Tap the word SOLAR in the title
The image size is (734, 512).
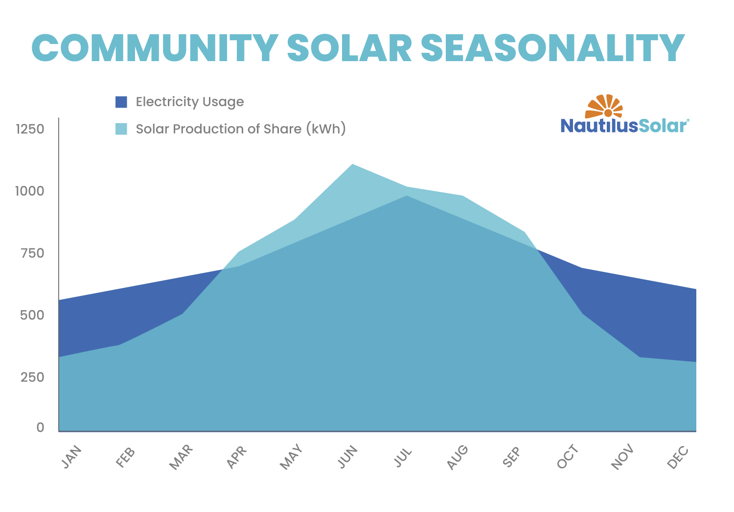pyautogui.click(x=349, y=48)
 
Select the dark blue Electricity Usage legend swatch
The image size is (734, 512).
pyautogui.click(x=121, y=102)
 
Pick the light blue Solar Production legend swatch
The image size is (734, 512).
pyautogui.click(x=121, y=129)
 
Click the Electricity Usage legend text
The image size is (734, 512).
pyautogui.click(x=190, y=102)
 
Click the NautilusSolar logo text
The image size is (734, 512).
pyautogui.click(x=624, y=126)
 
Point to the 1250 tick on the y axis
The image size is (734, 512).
pyautogui.click(x=30, y=129)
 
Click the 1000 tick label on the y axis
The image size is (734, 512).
pyautogui.click(x=30, y=191)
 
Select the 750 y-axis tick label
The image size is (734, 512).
pyautogui.click(x=33, y=253)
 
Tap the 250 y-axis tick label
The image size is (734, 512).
pyautogui.click(x=33, y=377)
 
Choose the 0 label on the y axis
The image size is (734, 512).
pyautogui.click(x=40, y=427)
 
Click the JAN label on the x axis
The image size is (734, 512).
pyautogui.click(x=71, y=458)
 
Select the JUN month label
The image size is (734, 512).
pyautogui.click(x=348, y=458)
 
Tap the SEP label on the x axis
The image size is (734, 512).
pyautogui.click(x=511, y=457)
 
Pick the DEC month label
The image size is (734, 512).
pyautogui.click(x=678, y=458)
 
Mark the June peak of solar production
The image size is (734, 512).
pyautogui.click(x=352, y=164)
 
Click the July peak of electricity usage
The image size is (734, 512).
pyautogui.click(x=406, y=196)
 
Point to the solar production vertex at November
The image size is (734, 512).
pyautogui.click(x=640, y=357)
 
